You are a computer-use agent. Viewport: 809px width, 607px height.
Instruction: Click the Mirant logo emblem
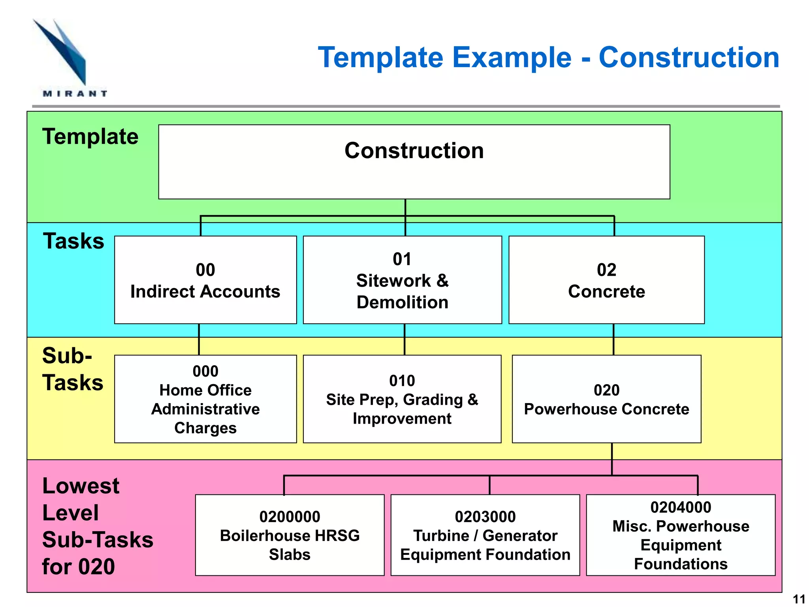click(63, 51)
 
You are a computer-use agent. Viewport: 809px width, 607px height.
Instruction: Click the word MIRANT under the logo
click(75, 94)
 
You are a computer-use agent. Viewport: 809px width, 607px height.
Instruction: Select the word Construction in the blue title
click(689, 58)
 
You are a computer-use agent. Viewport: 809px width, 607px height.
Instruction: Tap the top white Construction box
click(414, 162)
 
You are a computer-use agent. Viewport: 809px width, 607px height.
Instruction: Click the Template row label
click(90, 137)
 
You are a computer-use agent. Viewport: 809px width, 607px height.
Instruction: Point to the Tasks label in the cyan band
click(73, 241)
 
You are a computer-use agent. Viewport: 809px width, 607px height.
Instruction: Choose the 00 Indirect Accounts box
click(205, 280)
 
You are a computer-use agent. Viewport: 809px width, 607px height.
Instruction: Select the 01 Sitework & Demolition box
click(402, 280)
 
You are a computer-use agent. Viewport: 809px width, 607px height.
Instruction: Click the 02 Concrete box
click(606, 280)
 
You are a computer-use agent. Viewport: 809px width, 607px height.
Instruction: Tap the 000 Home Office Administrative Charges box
click(205, 399)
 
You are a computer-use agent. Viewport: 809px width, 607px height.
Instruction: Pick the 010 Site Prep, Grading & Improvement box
click(402, 399)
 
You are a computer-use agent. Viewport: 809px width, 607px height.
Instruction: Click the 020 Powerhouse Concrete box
click(606, 399)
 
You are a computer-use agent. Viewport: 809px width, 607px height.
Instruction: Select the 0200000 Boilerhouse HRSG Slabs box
click(290, 535)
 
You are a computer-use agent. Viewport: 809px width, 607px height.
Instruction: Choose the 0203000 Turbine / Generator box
click(485, 535)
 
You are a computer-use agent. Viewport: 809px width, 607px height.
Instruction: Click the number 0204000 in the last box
click(681, 507)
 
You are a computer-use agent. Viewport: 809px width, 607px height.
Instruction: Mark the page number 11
click(799, 599)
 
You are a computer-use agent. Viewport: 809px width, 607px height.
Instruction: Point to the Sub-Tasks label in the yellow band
click(73, 369)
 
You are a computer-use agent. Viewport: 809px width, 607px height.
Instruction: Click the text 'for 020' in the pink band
click(78, 567)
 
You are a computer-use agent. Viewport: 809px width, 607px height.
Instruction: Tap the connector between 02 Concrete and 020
click(613, 339)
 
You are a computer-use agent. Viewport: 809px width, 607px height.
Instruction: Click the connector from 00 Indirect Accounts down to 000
click(199, 339)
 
